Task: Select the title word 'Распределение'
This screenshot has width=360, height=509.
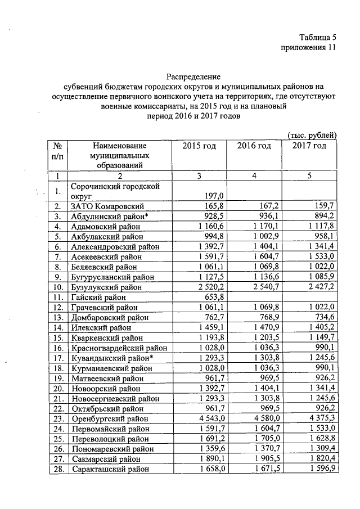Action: (x=193, y=76)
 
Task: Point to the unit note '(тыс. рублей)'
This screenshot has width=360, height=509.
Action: (x=312, y=135)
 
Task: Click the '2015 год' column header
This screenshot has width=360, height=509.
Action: (x=199, y=146)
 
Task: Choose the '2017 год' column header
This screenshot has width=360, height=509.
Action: (x=309, y=146)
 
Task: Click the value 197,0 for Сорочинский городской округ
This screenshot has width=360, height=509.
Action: (x=207, y=195)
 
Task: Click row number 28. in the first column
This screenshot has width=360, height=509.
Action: (x=57, y=469)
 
